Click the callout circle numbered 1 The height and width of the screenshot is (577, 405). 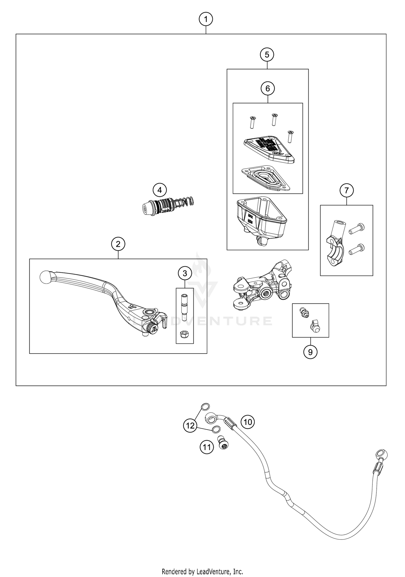pyautogui.click(x=206, y=19)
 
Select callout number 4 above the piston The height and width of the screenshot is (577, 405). pyautogui.click(x=160, y=190)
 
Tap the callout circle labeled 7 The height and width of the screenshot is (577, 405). pyautogui.click(x=347, y=190)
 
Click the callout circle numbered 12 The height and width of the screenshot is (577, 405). pyautogui.click(x=190, y=426)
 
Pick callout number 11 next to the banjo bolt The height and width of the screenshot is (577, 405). pyautogui.click(x=207, y=448)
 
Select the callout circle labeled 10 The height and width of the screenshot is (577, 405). pyautogui.click(x=248, y=422)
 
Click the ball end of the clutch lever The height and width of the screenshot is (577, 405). pyautogui.click(x=45, y=277)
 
